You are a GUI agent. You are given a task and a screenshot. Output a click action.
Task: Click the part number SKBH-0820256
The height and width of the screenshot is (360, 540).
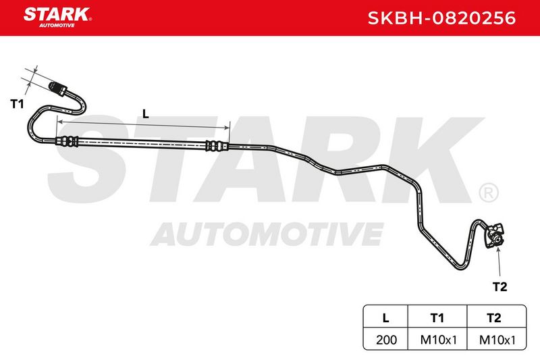(442, 18)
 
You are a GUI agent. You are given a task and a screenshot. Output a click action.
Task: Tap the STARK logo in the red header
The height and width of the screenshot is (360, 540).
(57, 18)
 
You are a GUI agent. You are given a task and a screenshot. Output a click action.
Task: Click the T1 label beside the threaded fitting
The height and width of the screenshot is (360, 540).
(18, 104)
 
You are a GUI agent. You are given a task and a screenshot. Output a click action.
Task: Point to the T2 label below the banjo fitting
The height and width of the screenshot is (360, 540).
(500, 286)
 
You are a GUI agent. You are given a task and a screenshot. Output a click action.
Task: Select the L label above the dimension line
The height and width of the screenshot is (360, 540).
(146, 113)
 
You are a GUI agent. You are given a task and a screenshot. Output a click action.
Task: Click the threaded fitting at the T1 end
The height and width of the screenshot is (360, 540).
(58, 89)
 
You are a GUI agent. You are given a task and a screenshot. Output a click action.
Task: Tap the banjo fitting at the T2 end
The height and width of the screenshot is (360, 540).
(495, 236)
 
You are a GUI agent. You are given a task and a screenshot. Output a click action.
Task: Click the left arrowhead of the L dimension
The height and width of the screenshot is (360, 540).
(59, 122)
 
